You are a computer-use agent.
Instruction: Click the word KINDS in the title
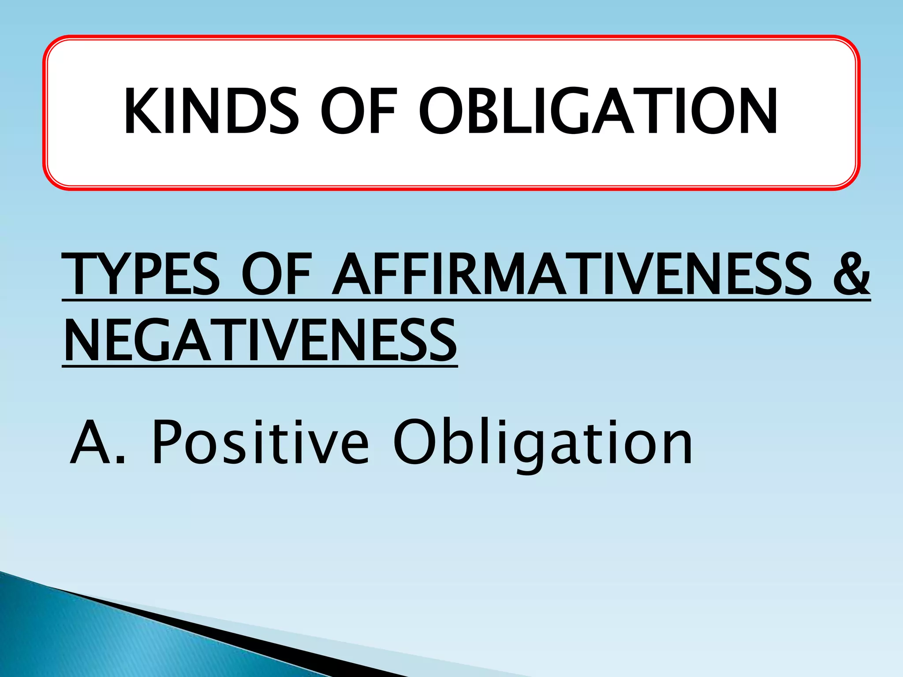(x=212, y=111)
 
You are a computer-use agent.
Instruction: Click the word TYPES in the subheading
(x=141, y=274)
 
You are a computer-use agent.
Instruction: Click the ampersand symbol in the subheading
(x=851, y=274)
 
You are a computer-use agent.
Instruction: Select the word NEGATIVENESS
(x=260, y=341)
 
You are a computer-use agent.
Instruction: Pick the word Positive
(x=260, y=443)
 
